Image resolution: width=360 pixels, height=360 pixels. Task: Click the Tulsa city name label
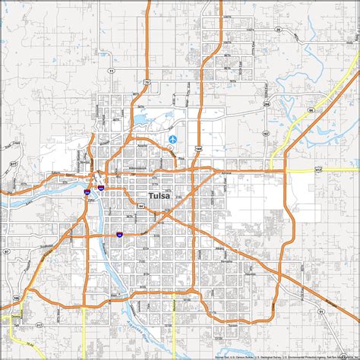coord(159,196)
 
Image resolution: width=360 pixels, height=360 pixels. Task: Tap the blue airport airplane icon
coord(175,139)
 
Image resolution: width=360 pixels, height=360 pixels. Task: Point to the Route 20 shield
coord(278,28)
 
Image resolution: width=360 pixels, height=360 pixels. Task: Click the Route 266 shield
coord(266,103)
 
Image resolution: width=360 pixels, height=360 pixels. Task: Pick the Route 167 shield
coord(265,134)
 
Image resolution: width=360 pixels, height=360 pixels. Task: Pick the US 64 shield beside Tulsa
coord(143,205)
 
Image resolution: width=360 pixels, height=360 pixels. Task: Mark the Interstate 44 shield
coord(119,234)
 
